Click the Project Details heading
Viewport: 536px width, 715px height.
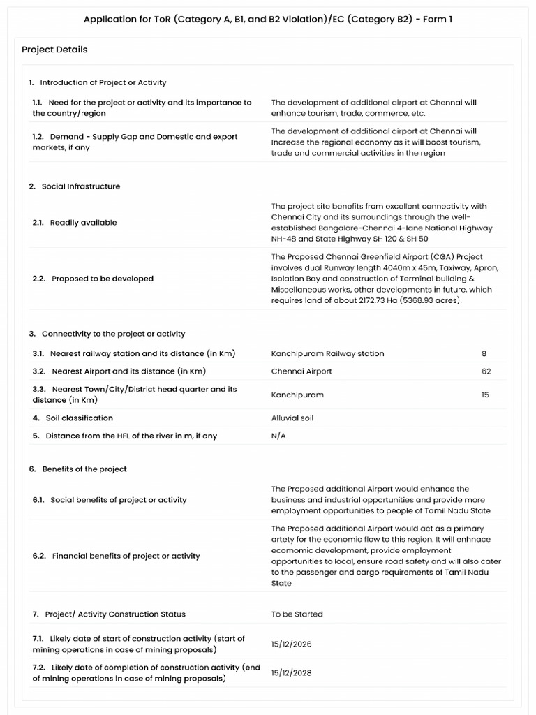coord(54,50)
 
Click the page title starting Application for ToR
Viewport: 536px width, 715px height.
coord(268,19)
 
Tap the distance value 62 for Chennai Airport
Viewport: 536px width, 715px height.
coord(486,371)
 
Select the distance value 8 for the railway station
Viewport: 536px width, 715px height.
coord(484,353)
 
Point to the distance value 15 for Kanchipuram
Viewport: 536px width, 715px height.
coord(485,395)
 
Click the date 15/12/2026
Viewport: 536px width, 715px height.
coord(292,644)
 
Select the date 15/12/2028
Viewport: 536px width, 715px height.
coord(292,673)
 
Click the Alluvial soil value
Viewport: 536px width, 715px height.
coord(292,418)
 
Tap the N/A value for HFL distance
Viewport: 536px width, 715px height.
coord(278,436)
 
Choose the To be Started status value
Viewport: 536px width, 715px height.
coord(297,614)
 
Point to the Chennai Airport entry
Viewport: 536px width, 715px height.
coord(301,371)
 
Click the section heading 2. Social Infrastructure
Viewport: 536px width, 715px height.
coord(75,186)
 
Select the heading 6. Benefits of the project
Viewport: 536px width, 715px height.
coord(78,469)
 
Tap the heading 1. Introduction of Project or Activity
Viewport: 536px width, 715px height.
coord(98,82)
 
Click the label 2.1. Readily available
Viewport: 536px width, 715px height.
coord(75,223)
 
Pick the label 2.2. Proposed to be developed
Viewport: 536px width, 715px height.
coord(93,279)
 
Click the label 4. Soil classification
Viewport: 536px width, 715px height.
coord(73,418)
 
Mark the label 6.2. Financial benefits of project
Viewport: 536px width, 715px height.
coord(116,556)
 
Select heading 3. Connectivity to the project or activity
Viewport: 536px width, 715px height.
coord(107,334)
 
